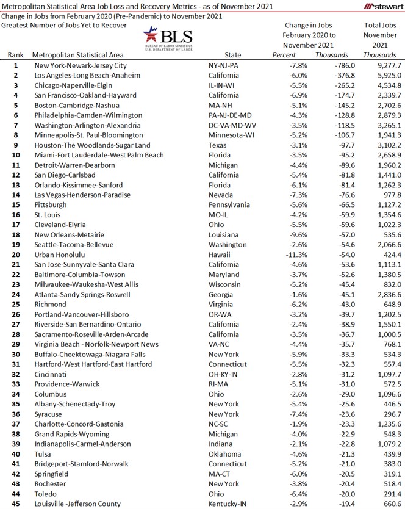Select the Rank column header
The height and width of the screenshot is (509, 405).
click(16, 55)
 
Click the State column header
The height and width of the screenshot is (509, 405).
click(233, 55)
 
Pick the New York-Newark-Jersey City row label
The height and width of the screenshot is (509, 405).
click(81, 65)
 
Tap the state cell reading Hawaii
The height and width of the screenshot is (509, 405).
click(220, 254)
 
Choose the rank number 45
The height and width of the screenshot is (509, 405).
click(16, 504)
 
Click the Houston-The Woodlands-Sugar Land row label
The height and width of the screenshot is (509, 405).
click(84, 145)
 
